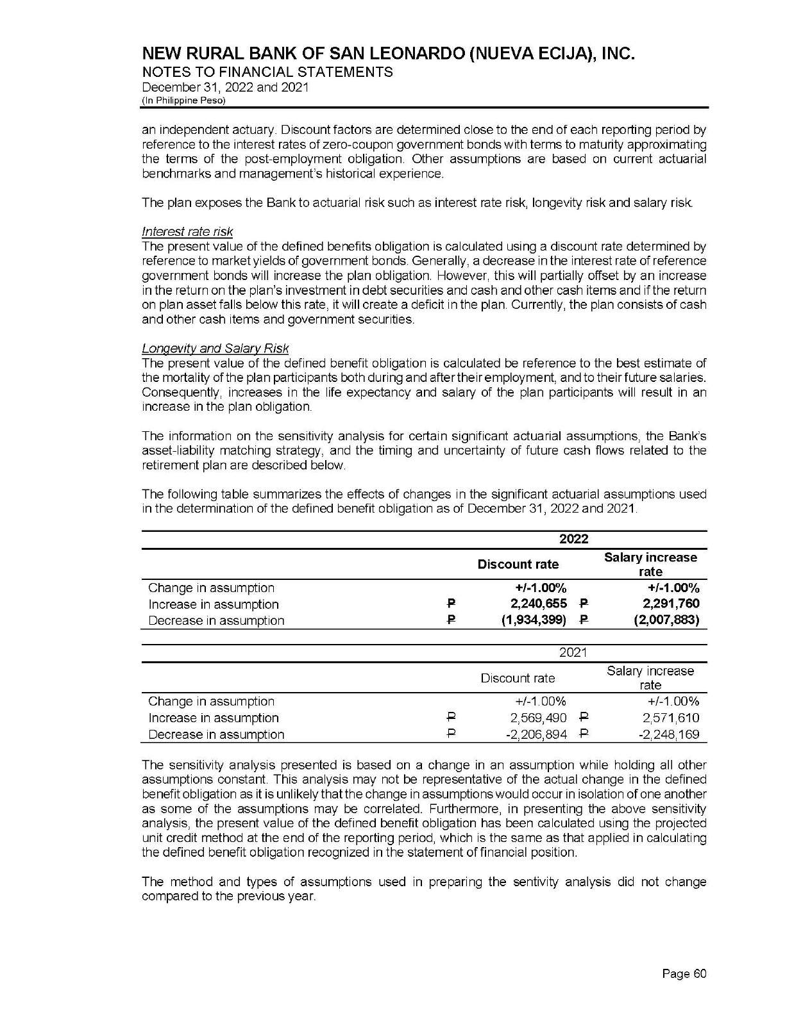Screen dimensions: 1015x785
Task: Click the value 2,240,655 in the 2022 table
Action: click(x=537, y=604)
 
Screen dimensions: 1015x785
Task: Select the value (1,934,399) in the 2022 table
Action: click(x=534, y=620)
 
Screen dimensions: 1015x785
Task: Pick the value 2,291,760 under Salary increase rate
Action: click(x=671, y=604)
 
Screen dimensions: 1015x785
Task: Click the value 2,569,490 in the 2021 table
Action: click(x=537, y=718)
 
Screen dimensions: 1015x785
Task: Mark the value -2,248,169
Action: click(x=668, y=734)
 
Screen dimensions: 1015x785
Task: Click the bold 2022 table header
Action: click(x=573, y=540)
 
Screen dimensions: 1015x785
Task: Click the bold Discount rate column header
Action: click(x=518, y=565)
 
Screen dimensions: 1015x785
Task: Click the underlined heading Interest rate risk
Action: click(x=187, y=231)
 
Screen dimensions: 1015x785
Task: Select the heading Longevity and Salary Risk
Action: click(x=215, y=349)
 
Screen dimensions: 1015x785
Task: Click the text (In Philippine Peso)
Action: click(x=183, y=101)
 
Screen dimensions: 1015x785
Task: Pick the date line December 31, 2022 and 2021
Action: click(x=225, y=87)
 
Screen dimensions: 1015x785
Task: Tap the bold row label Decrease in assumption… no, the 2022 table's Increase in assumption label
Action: click(x=214, y=604)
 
